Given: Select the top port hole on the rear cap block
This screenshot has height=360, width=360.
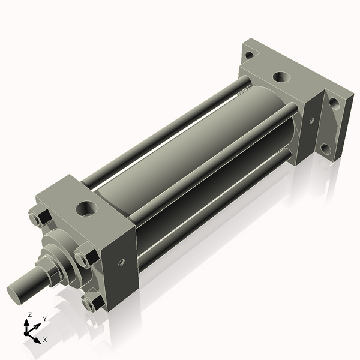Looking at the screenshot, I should click(280, 77).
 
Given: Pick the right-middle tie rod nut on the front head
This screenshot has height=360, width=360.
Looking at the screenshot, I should click(84, 257).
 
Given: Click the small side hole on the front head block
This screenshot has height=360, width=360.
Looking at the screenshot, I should click(122, 262).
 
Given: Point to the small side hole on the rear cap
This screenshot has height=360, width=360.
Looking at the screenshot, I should click(311, 121).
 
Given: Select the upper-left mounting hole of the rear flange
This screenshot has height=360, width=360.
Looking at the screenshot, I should click(249, 55).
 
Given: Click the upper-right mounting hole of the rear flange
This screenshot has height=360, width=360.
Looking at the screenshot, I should click(334, 103).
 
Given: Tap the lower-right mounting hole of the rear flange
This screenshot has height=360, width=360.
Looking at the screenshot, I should click(326, 148).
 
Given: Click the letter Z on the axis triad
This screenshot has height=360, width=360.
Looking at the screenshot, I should click(30, 315).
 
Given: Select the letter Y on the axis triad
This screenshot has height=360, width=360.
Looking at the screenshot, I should click(44, 319).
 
